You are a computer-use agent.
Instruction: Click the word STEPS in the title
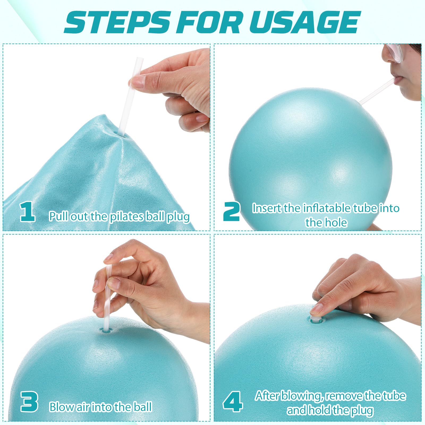pos(117,22)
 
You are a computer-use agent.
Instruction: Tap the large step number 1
pos(28,211)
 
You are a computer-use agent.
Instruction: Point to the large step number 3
pos(29,402)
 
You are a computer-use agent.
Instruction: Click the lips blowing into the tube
pos(398,81)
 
